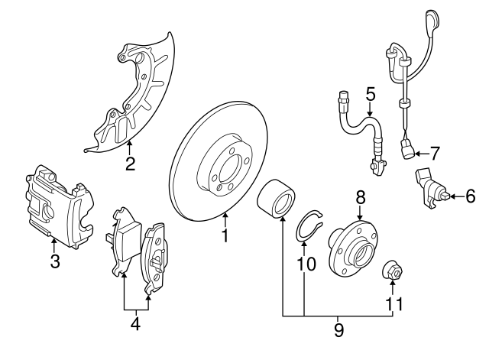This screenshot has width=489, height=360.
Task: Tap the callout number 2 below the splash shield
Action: tap(130, 164)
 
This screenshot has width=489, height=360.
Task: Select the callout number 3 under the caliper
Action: tap(54, 262)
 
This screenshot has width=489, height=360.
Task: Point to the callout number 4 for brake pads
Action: tap(135, 323)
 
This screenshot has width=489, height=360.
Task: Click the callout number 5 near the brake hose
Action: tap(371, 95)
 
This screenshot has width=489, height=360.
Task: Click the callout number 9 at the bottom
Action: tap(338, 330)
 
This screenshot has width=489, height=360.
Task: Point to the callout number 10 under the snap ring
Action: tap(305, 263)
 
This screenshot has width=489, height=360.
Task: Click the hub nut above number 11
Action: tap(393, 271)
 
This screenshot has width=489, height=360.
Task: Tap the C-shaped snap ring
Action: tap(309, 226)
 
